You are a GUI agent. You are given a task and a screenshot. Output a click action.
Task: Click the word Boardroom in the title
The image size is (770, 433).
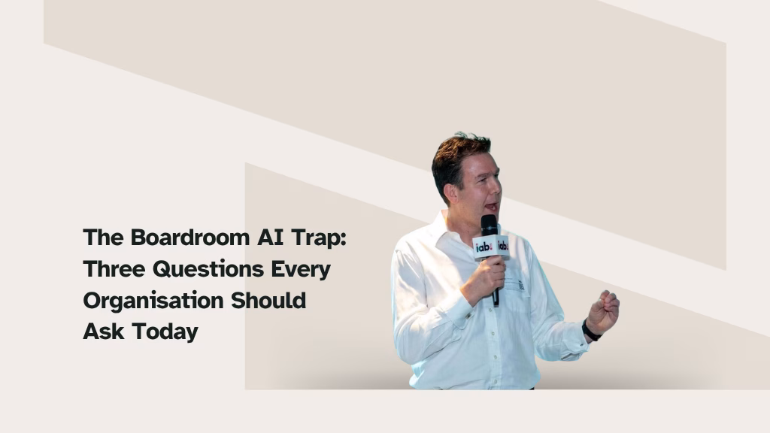coord(190,238)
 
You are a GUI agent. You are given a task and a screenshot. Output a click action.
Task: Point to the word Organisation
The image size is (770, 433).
coord(153,301)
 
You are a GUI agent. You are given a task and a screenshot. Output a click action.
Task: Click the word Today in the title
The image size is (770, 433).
coord(165,332)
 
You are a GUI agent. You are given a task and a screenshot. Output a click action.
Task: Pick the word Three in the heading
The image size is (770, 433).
coord(114,269)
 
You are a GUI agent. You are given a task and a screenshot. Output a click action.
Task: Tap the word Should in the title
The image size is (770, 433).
coord(268,300)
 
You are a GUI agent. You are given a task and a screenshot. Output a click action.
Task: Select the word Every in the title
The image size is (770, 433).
coord(301,270)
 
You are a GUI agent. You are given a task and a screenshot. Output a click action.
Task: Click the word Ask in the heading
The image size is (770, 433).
coord(104,332)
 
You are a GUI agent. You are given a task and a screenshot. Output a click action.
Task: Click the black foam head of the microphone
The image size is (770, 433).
coord(489,225)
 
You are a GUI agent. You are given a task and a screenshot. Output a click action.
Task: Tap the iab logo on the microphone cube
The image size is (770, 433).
coord(484,247)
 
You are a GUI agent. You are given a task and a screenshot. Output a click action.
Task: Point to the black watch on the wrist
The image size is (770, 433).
coord(590,331)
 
